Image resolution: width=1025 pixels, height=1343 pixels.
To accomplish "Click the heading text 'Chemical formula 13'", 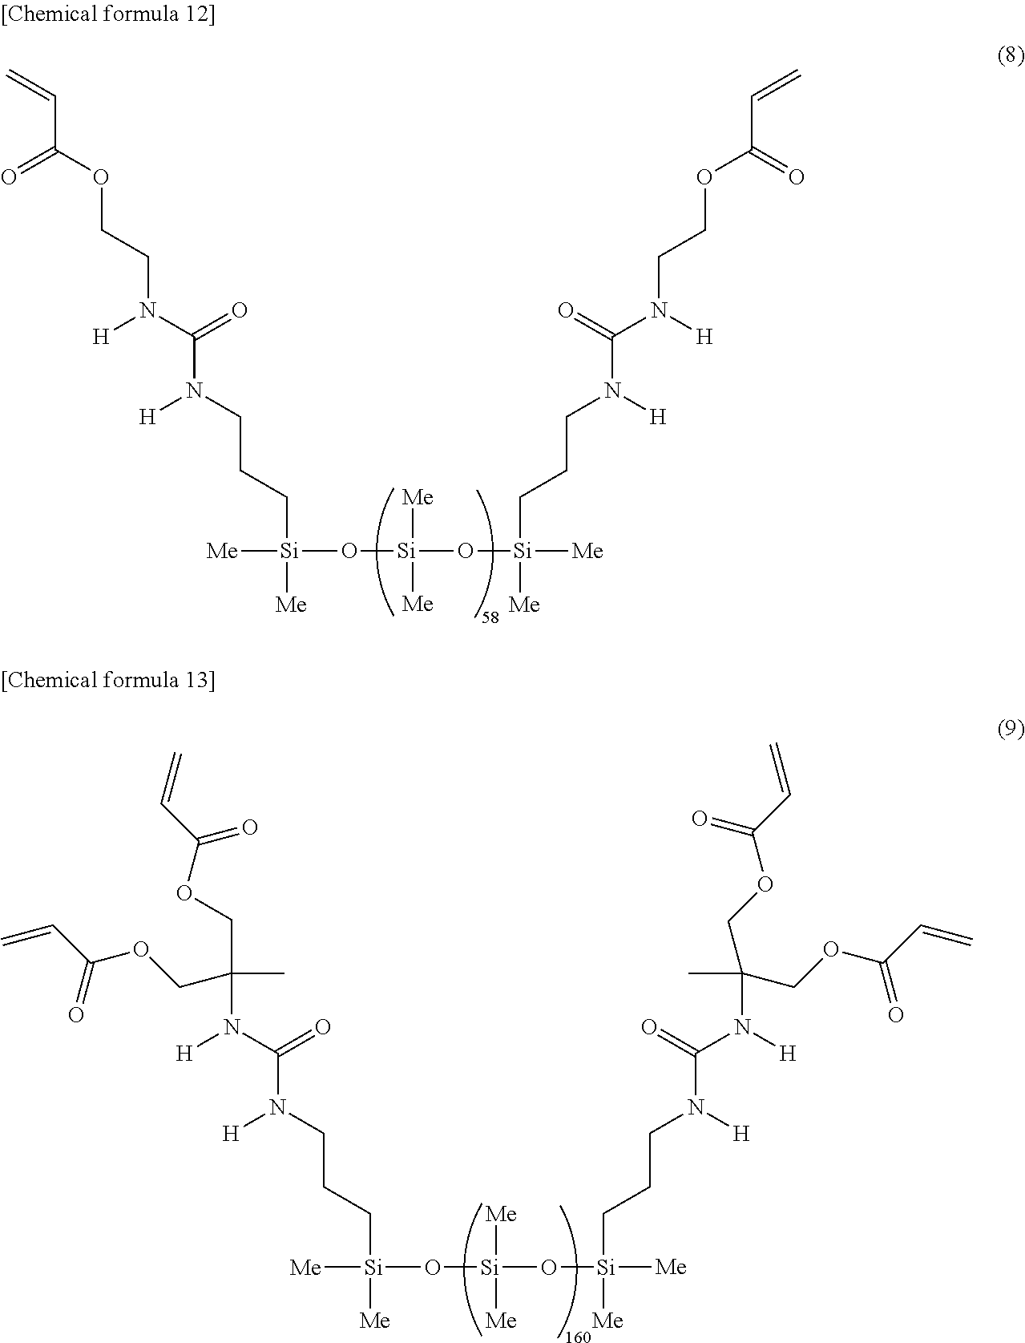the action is [x=107, y=681].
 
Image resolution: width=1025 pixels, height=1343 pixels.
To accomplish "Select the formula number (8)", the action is [x=1011, y=55].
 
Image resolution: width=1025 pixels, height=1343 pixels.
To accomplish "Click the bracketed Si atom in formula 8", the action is [x=407, y=551].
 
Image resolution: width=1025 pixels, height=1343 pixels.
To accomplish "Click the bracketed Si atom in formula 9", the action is [x=490, y=1268].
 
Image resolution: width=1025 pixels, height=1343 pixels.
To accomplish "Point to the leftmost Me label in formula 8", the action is [x=222, y=551].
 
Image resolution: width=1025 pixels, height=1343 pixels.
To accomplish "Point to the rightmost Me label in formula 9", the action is [x=671, y=1268].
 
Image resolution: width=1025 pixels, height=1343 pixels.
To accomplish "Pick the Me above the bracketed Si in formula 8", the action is [x=418, y=498].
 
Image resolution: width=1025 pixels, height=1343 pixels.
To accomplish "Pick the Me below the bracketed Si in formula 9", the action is [x=501, y=1320].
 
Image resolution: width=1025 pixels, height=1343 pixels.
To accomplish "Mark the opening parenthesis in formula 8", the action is [x=384, y=551].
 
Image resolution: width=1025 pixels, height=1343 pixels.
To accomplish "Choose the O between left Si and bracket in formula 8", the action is [x=348, y=551].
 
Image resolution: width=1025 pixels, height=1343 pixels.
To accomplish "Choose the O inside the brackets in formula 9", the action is [x=548, y=1268].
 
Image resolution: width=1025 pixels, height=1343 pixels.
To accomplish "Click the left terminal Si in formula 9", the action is [x=373, y=1268].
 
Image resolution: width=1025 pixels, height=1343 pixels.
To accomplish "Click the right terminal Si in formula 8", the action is [x=523, y=551].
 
